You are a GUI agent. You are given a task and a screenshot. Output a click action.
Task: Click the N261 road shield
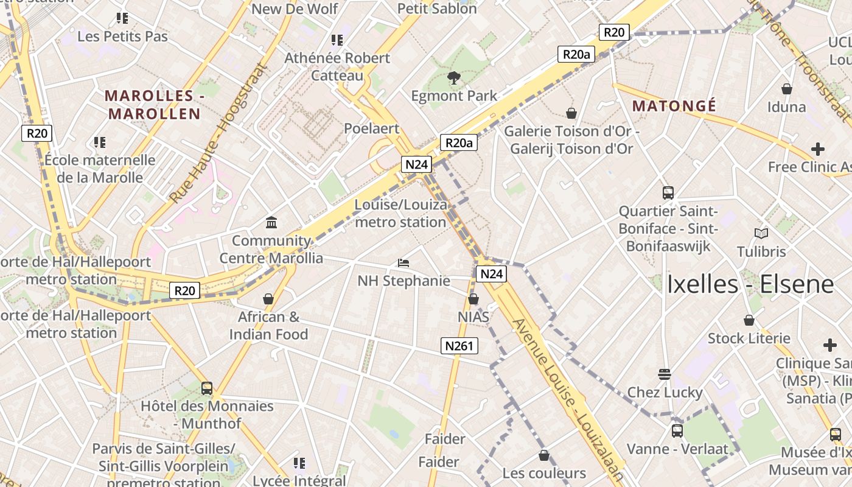click(459, 346)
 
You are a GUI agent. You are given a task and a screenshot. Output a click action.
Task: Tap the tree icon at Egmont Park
click(453, 77)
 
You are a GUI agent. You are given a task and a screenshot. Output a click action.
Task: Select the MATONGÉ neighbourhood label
click(674, 106)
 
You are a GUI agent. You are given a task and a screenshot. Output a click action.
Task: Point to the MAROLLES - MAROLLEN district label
click(154, 105)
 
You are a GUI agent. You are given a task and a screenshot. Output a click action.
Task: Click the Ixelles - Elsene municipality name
click(750, 284)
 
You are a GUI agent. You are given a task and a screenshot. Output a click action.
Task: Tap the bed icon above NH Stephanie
click(403, 263)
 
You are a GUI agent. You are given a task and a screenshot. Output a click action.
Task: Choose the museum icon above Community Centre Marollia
click(271, 223)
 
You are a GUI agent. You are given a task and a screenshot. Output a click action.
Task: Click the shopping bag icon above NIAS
click(473, 299)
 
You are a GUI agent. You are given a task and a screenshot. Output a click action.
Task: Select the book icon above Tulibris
click(761, 233)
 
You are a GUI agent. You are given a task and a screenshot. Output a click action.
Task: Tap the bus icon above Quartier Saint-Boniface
click(668, 193)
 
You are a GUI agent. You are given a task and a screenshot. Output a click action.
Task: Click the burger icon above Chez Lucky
click(664, 374)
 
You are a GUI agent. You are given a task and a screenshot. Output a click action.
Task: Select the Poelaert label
click(371, 128)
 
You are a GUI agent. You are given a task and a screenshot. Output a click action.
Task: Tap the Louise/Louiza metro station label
click(400, 213)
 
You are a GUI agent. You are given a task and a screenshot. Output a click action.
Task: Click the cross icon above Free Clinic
click(817, 149)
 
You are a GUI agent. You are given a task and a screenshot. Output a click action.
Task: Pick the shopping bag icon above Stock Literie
click(749, 320)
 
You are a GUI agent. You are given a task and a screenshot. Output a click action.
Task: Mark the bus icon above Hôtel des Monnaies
click(206, 388)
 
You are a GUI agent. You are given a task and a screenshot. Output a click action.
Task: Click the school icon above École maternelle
click(99, 142)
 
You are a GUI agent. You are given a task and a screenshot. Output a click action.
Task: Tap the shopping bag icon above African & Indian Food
click(268, 299)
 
